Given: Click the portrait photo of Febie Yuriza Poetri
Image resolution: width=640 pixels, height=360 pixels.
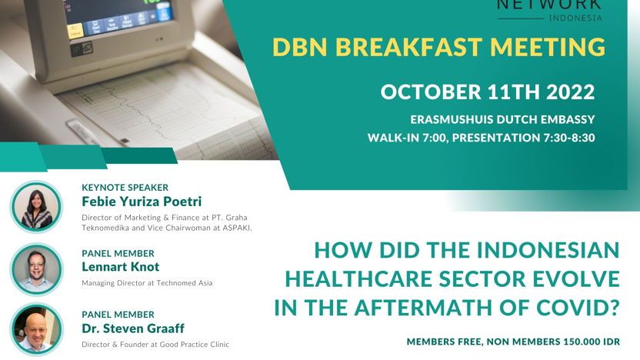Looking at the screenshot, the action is pyautogui.click(x=36, y=208).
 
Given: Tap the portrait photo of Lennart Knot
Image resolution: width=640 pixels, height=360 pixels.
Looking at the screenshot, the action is pyautogui.click(x=36, y=269).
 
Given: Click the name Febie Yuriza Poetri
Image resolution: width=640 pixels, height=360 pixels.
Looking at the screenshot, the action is pyautogui.click(x=142, y=202).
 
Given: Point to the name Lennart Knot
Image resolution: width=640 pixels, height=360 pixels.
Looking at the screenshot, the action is pyautogui.click(x=121, y=267).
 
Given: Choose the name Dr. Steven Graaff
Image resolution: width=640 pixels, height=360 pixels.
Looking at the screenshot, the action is pyautogui.click(x=133, y=328).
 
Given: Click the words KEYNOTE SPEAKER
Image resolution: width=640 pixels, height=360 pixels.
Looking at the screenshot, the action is pyautogui.click(x=125, y=188).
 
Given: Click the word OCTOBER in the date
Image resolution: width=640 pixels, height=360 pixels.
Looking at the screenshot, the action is pyautogui.click(x=431, y=92).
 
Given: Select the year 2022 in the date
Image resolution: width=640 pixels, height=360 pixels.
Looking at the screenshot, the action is pyautogui.click(x=571, y=92).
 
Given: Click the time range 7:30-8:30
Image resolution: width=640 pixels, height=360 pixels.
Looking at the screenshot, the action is pyautogui.click(x=569, y=138).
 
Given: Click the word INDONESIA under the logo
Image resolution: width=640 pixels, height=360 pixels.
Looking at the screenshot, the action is pyautogui.click(x=575, y=18).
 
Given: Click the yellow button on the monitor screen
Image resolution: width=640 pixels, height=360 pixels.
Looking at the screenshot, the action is pyautogui.click(x=75, y=32).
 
